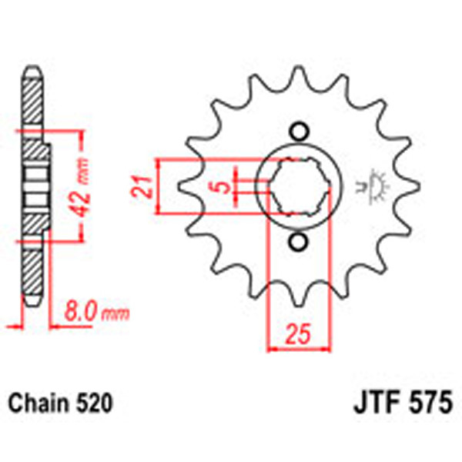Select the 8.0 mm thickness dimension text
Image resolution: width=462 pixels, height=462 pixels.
click(96, 313)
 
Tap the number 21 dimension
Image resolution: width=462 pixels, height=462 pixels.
click(139, 186)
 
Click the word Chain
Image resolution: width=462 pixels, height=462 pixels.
click(38, 403)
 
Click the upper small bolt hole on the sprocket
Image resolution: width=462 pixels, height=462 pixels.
click(298, 131)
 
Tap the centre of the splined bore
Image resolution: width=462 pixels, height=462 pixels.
click(298, 187)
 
